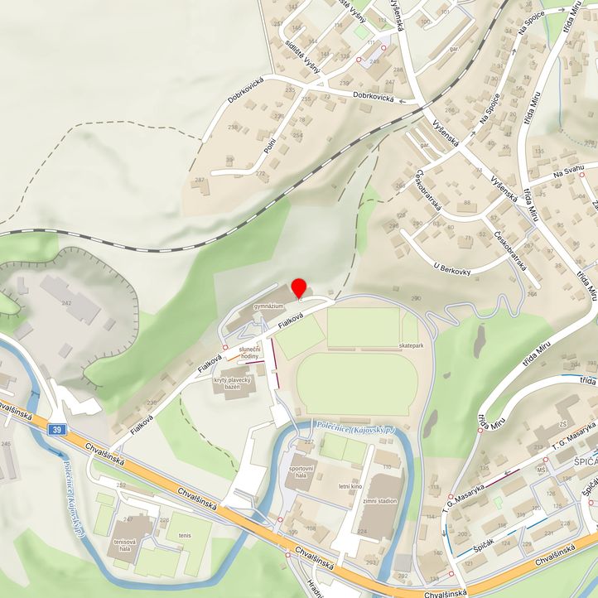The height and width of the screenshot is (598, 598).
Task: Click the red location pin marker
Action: point(299,287)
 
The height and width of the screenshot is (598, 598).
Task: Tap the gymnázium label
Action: point(268,306)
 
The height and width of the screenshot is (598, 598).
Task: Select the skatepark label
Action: point(411,344)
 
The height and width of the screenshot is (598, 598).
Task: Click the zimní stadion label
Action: point(379,501)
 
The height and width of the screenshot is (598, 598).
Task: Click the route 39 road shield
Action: point(55,429)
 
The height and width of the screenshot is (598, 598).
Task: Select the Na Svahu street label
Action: point(569,170)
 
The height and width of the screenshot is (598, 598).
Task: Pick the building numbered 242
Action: point(67,303)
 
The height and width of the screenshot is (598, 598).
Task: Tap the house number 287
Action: point(199,180)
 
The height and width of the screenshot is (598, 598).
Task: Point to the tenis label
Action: point(184,535)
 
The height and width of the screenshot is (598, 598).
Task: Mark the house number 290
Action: point(417,298)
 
